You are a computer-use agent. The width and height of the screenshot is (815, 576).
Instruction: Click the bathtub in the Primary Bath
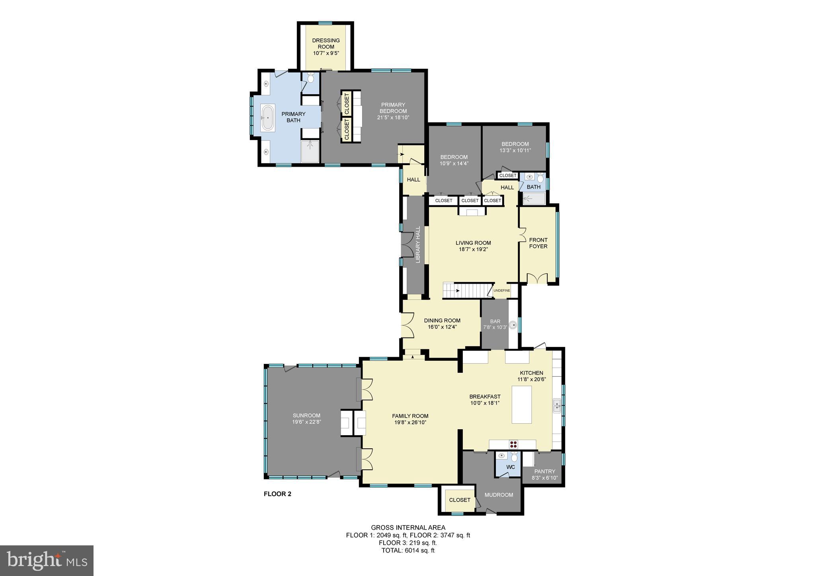click(x=267, y=118)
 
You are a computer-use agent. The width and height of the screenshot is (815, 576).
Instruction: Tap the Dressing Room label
click(x=326, y=44)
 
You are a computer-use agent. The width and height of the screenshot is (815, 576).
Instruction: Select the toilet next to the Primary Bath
click(x=311, y=78)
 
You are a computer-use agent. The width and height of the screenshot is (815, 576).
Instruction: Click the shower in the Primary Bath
click(x=310, y=152)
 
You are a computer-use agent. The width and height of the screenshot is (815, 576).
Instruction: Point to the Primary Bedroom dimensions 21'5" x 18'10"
click(x=393, y=117)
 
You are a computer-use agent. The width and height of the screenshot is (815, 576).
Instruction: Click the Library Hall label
click(x=418, y=245)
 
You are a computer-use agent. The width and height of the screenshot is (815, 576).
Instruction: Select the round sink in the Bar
click(x=513, y=325)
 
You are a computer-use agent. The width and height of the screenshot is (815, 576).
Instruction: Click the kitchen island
click(x=521, y=405)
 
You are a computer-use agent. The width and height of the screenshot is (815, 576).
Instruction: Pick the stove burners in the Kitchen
click(x=514, y=444)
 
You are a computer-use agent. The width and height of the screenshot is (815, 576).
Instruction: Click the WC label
click(x=511, y=467)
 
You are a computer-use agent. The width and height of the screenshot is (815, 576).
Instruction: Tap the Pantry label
click(x=545, y=471)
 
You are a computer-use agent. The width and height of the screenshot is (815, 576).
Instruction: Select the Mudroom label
click(x=499, y=495)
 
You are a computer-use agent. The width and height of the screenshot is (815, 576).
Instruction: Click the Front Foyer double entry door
click(x=538, y=278)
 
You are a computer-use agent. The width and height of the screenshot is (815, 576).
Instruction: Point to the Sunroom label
click(x=306, y=415)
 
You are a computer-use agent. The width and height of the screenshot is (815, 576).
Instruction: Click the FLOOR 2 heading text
click(x=277, y=494)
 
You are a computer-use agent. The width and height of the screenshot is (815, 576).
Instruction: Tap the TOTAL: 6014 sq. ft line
click(x=408, y=551)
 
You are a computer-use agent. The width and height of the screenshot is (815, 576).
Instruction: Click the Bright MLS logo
click(x=47, y=560)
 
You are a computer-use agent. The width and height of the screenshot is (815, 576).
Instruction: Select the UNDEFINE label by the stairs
click(x=501, y=290)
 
